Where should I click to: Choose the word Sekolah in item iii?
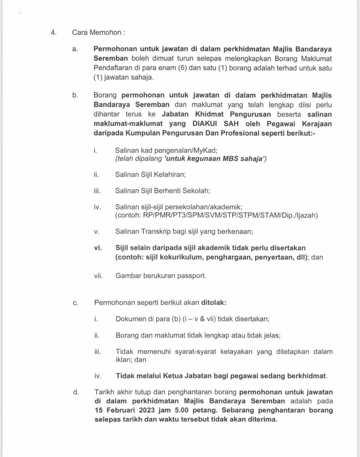click(x=196, y=191)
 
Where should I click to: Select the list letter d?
click(x=75, y=392)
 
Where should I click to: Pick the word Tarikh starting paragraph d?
click(x=104, y=392)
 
